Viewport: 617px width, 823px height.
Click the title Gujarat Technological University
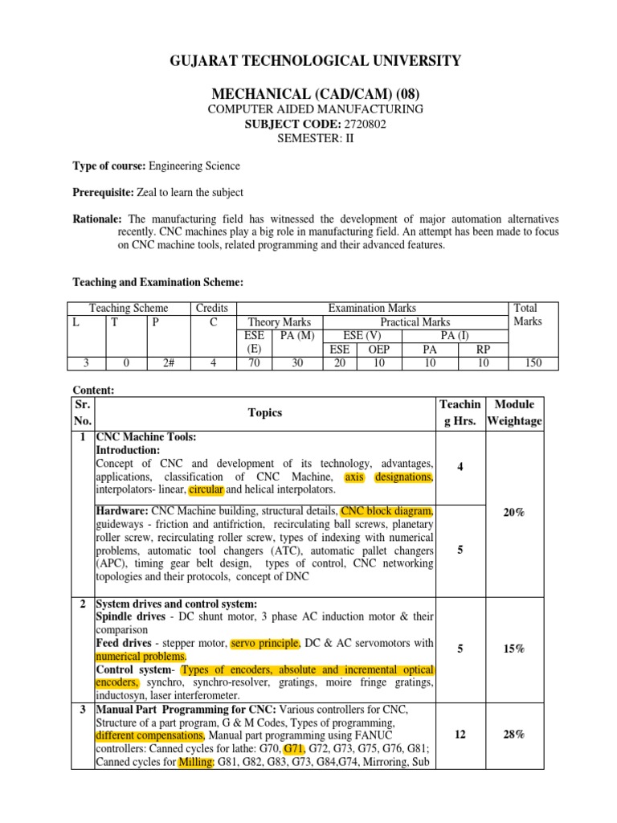308,61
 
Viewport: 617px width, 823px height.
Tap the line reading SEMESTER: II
308,137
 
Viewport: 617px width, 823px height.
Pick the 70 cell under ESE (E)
253,362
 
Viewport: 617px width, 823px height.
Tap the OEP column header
378,350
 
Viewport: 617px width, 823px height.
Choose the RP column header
482,350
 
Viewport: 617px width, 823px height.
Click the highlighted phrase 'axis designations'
389,477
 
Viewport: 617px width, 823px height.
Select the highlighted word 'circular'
205,489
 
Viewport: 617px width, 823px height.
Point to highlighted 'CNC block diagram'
387,511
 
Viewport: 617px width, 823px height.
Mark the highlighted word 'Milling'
194,760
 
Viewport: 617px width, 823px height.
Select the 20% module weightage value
514,512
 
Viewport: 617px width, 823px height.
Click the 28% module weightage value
514,734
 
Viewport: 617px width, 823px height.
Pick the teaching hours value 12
460,734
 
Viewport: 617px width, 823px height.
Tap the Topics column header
265,412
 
